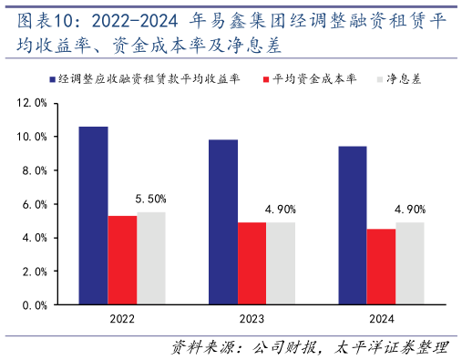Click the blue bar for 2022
coord(93,216)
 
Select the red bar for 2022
coord(122,261)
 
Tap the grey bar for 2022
coord(151,259)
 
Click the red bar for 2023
coord(252,263)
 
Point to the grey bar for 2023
coord(281,263)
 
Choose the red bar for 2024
coord(381,267)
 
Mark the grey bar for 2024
coord(410,263)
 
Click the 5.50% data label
coord(151,199)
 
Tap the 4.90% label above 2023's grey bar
coord(281,210)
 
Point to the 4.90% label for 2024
coord(410,210)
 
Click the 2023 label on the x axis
coord(252,320)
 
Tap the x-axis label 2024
coord(382,320)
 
